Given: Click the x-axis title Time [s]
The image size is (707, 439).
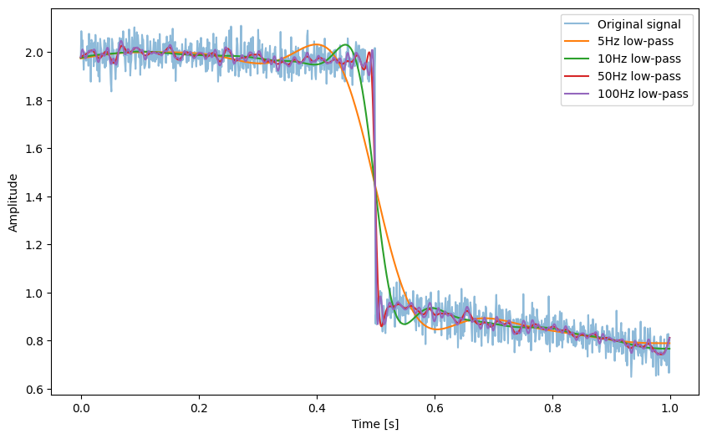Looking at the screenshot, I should pyautogui.click(x=375, y=424).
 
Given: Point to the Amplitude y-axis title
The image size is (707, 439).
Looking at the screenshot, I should pyautogui.click(x=13, y=202).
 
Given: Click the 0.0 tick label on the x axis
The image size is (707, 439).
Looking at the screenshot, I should pyautogui.click(x=81, y=409).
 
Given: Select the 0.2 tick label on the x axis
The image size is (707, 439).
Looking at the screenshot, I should pyautogui.click(x=199, y=409).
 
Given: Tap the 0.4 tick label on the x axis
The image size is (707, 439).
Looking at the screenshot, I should pyautogui.click(x=317, y=409).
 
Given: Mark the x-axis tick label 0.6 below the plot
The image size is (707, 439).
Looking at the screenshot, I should pyautogui.click(x=435, y=409).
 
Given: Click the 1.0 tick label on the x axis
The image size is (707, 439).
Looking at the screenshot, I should pyautogui.click(x=669, y=409).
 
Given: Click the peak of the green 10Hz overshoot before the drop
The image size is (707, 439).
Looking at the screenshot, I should pyautogui.click(x=346, y=44).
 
